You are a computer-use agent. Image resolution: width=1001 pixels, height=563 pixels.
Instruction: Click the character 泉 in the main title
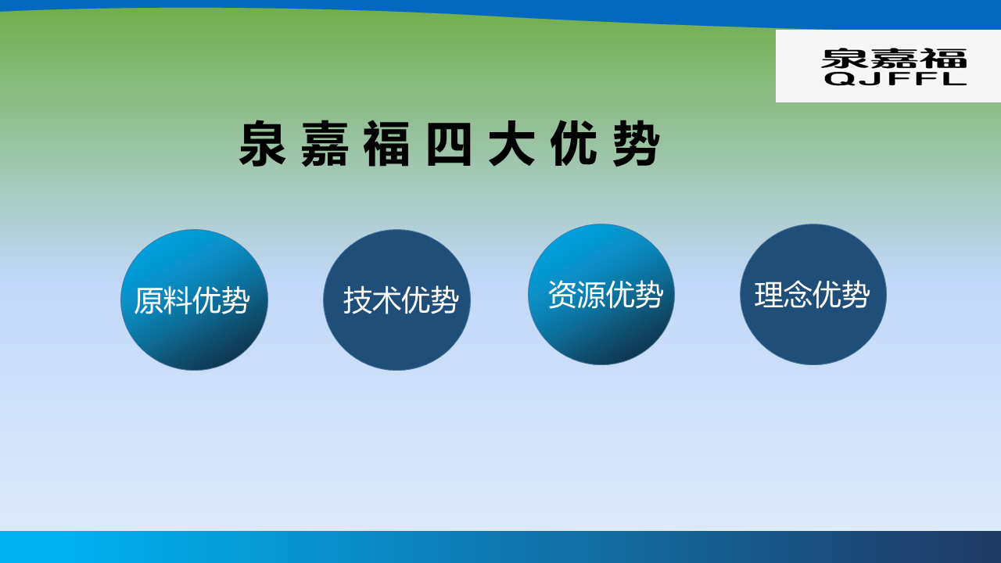tap(263, 144)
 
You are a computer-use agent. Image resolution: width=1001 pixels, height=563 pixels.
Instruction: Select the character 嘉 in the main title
tap(325, 144)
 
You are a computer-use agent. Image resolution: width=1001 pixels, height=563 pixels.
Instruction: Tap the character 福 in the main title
tap(387, 144)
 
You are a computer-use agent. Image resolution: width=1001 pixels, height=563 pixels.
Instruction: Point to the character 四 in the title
tap(449, 144)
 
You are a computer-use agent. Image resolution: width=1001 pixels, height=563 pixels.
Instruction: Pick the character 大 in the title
tap(511, 144)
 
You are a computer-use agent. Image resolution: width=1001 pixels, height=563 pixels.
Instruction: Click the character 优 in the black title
tap(574, 144)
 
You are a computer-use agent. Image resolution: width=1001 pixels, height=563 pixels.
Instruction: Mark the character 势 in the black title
tap(637, 144)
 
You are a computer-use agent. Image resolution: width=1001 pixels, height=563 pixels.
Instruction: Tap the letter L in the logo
tap(953, 79)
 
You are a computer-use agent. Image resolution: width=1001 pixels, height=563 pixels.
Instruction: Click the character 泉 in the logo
tap(845, 59)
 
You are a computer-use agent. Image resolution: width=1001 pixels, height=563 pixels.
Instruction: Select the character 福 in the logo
tap(943, 59)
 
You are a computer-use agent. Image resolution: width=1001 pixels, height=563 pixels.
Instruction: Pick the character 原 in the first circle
tap(149, 300)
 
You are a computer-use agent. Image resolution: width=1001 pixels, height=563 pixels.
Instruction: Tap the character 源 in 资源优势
tap(590, 295)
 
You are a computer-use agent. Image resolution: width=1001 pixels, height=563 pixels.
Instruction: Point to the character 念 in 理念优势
tap(798, 295)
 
